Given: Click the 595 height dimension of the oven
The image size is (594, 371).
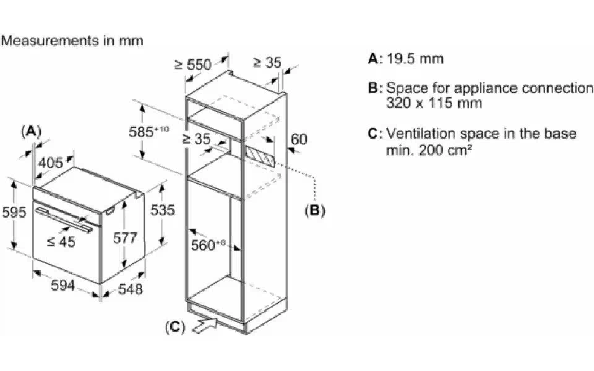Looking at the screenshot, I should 14,213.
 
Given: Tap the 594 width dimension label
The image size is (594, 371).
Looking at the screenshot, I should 63,285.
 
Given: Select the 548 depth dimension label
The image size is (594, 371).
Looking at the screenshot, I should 130,289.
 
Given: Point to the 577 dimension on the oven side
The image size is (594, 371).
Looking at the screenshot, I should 125,238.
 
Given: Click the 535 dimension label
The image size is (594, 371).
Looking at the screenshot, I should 162,210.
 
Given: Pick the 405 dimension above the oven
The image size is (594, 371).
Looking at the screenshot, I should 50,163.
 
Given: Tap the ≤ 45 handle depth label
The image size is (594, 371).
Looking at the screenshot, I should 61,242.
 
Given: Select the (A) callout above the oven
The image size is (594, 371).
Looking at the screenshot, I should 31,131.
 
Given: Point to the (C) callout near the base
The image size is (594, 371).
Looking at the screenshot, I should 175,327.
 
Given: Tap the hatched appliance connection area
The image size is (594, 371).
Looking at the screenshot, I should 260,156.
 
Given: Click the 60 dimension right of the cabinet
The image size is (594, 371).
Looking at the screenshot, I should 299,139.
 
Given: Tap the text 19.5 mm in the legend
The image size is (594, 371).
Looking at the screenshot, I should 415,59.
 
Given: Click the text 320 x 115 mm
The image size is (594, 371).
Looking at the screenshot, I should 434,103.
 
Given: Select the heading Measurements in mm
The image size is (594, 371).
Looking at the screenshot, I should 72,41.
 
